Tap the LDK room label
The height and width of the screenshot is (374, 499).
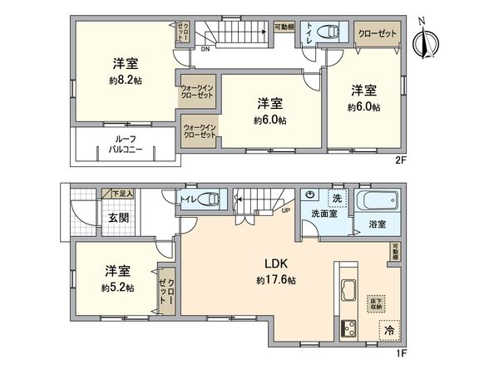(276, 265)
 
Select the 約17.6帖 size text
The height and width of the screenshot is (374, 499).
(275, 280)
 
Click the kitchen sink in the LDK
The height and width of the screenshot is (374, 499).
(346, 292)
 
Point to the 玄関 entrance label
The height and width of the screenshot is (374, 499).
(94, 219)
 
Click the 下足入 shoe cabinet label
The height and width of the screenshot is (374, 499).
(123, 194)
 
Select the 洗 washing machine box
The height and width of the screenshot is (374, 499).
(338, 199)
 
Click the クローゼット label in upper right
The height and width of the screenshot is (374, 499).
(377, 32)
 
